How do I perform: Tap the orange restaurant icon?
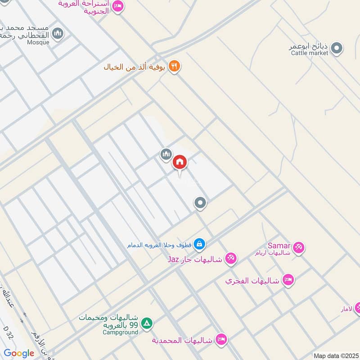pyautogui.click(x=174, y=67)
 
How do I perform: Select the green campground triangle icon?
pyautogui.click(x=147, y=323)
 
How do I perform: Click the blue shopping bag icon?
pyautogui.click(x=200, y=245)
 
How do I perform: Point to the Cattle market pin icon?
pyautogui.click(x=336, y=47)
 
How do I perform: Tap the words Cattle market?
pyautogui.click(x=310, y=53)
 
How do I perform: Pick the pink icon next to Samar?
pyautogui.click(x=298, y=247)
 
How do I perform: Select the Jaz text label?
pyautogui.click(x=174, y=260)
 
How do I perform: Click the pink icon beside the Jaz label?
pyautogui.click(x=231, y=258)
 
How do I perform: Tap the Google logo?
pyautogui.click(x=19, y=353)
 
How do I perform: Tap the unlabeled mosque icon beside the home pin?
pyautogui.click(x=166, y=154)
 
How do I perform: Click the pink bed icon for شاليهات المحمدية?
pyautogui.click(x=220, y=339)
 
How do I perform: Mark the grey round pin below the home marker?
pyautogui.click(x=200, y=203)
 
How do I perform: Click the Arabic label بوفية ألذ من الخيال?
pyautogui.click(x=136, y=67)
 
